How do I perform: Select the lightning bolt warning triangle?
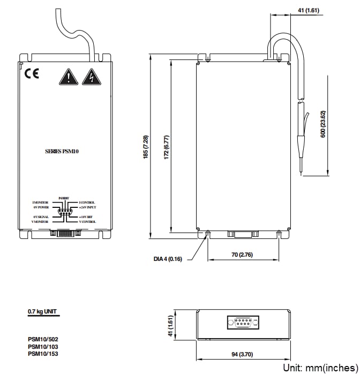pos(92,78)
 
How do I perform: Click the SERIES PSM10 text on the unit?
pos(63,152)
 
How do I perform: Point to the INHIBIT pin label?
pos(64,198)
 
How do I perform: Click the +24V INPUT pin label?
pos(88,207)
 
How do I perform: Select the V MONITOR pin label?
pos(40,221)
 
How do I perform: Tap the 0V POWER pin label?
pos(41,207)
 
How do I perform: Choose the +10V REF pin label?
pos(87,216)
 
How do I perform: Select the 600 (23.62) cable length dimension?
pos(322,125)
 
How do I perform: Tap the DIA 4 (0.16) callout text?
pos(168,259)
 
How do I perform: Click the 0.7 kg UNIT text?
pos(42,311)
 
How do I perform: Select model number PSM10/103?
pos(43,347)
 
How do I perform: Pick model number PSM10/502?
pos(43,339)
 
